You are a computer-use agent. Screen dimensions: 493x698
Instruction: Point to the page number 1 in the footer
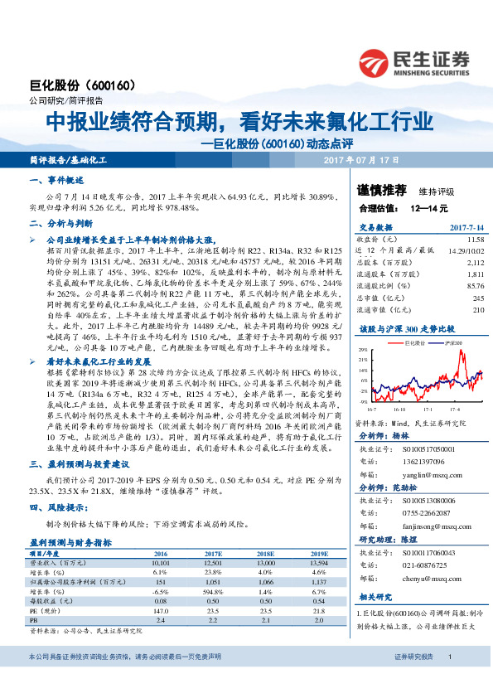[x=449, y=681]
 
